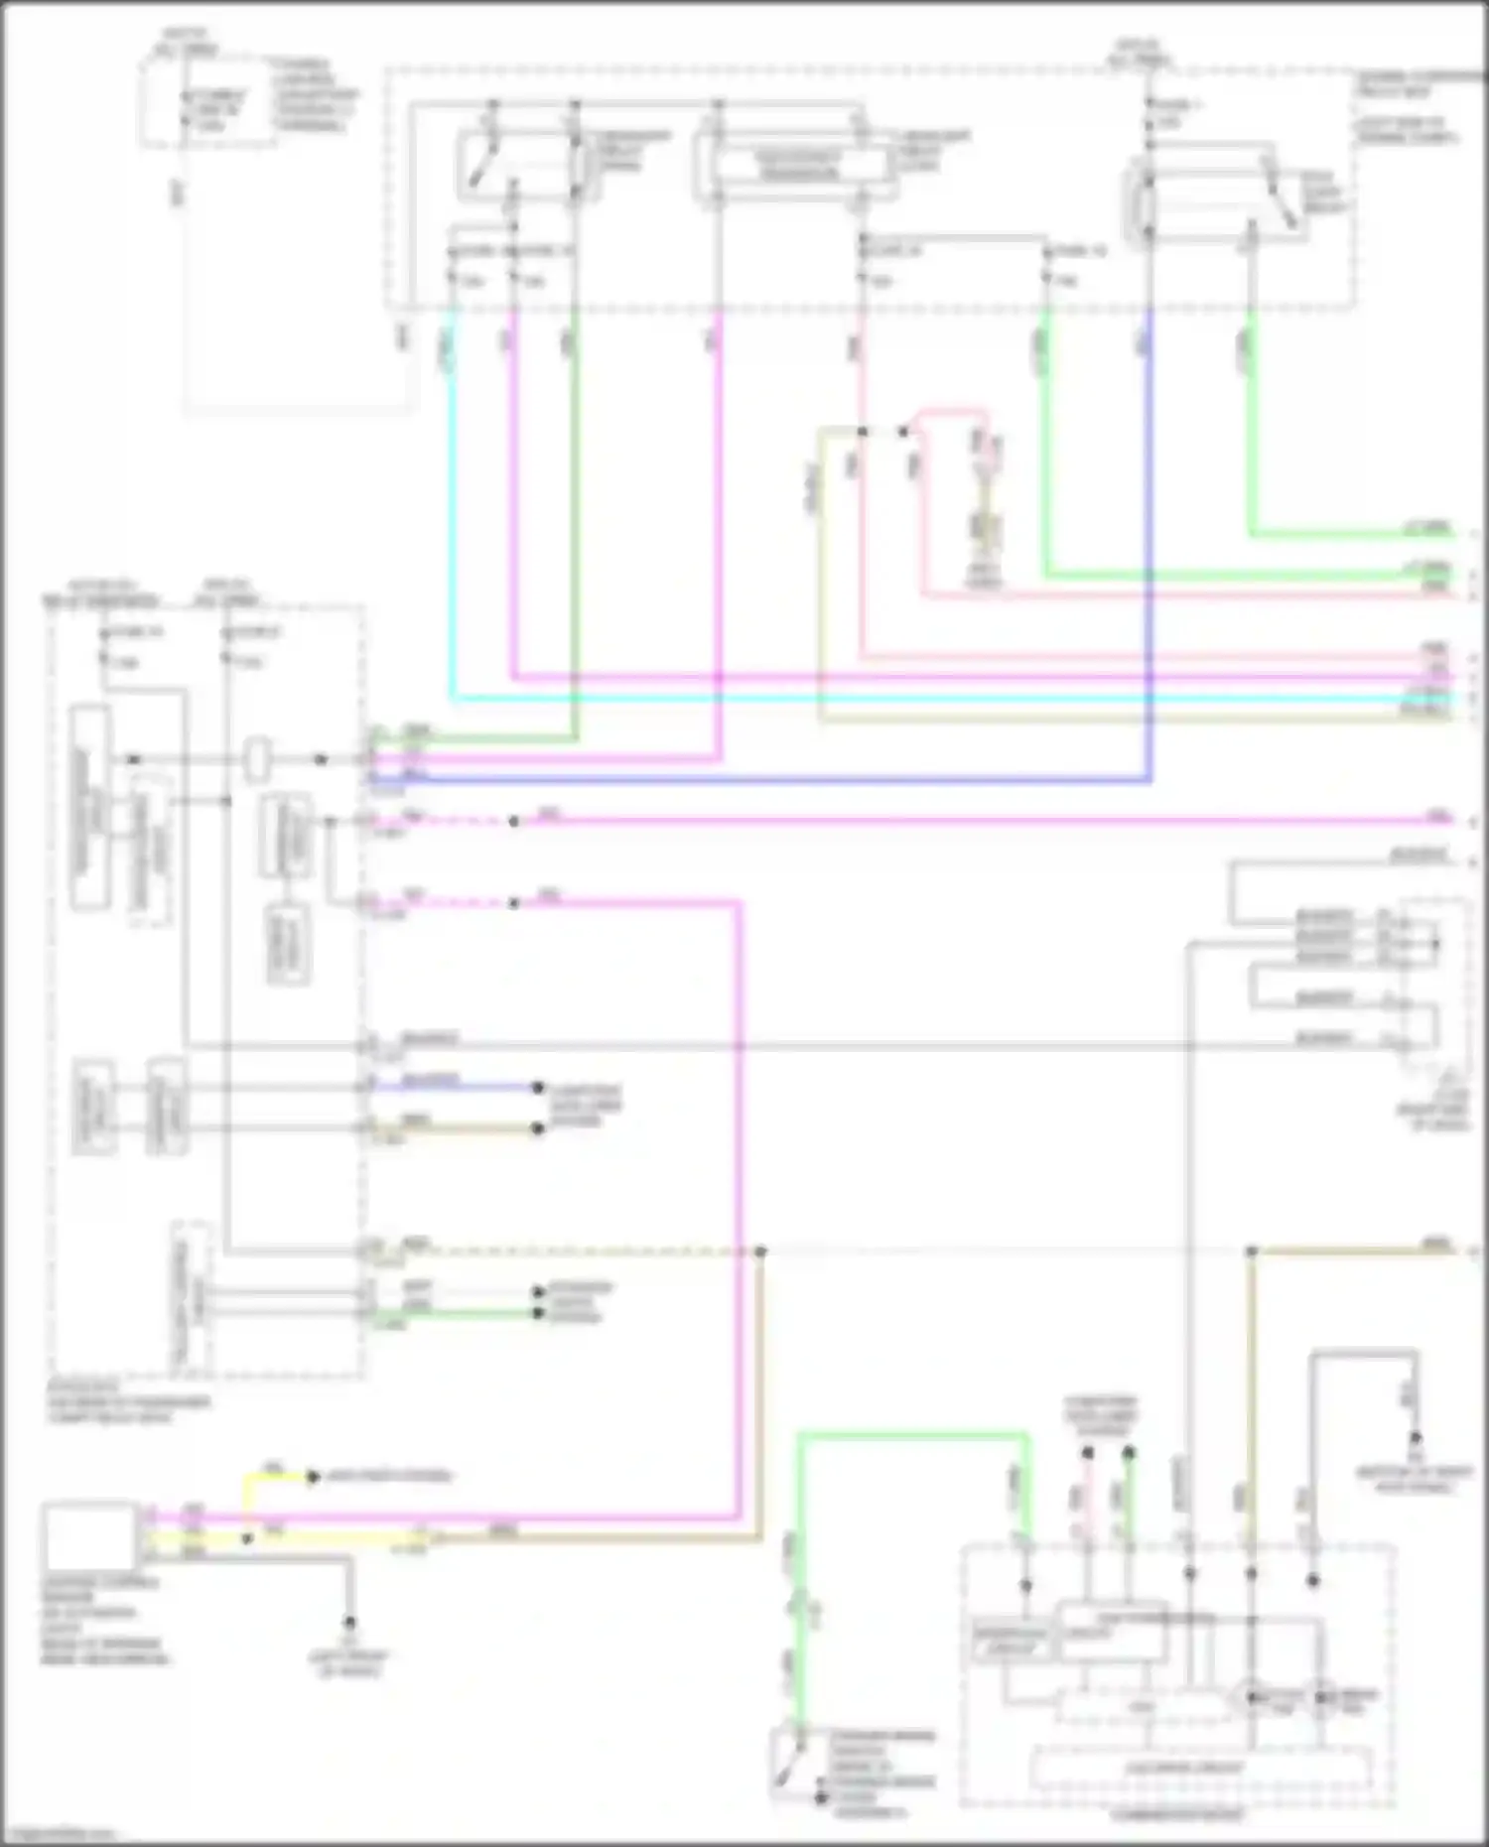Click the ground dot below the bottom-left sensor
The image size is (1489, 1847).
click(x=349, y=1623)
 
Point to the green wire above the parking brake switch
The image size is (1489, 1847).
click(x=913, y=1434)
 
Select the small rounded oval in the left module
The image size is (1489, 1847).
click(x=258, y=759)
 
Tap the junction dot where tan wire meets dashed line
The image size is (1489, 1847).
click(x=760, y=1253)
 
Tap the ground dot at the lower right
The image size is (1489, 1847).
click(x=1416, y=1437)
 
